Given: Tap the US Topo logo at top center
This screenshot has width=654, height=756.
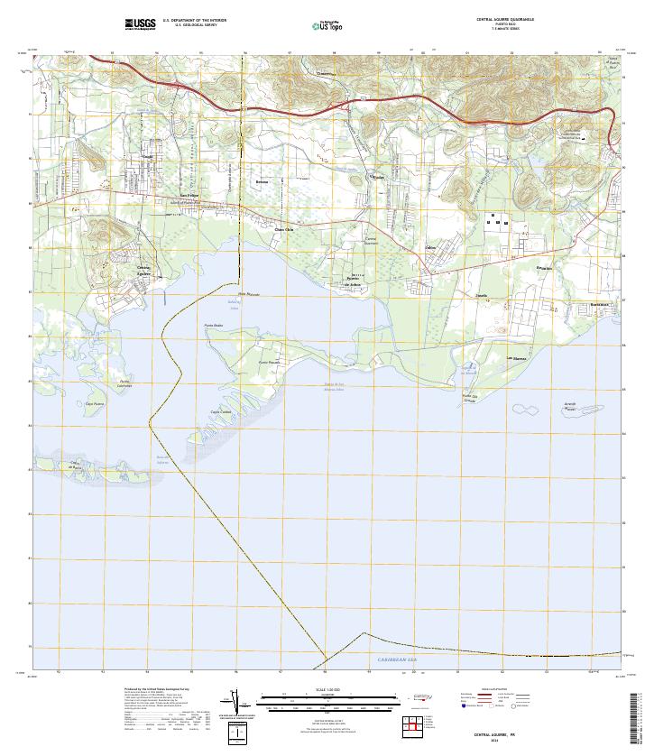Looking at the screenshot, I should click(x=330, y=26).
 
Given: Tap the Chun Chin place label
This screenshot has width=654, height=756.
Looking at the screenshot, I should click(x=284, y=229).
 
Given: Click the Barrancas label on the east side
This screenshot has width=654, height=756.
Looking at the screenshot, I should click(x=600, y=305).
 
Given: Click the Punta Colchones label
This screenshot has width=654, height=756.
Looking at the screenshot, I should click(x=125, y=383).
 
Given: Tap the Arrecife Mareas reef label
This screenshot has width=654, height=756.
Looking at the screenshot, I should click(x=569, y=406).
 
